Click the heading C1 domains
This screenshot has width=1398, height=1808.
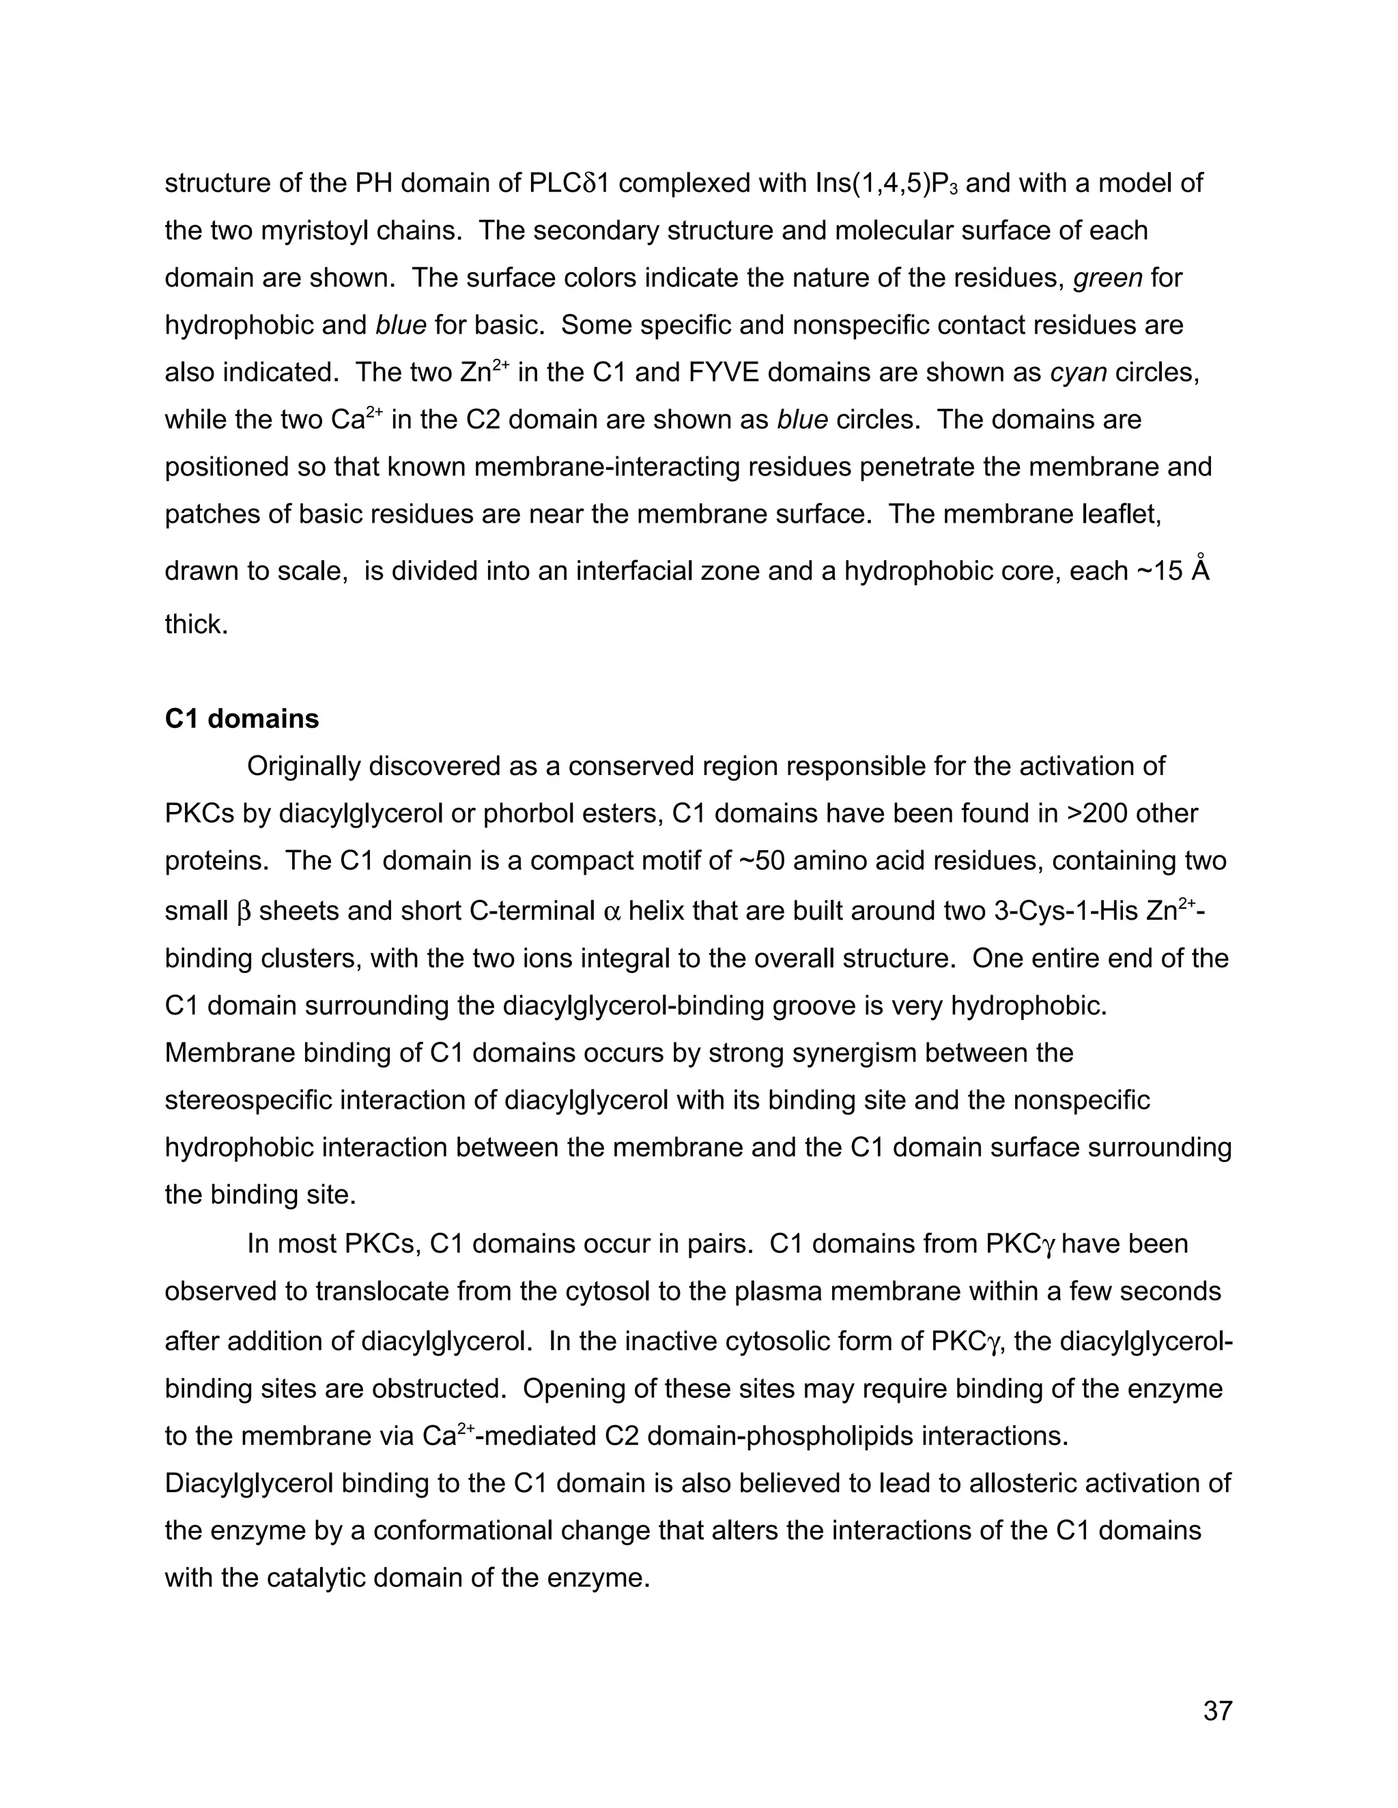(241, 718)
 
